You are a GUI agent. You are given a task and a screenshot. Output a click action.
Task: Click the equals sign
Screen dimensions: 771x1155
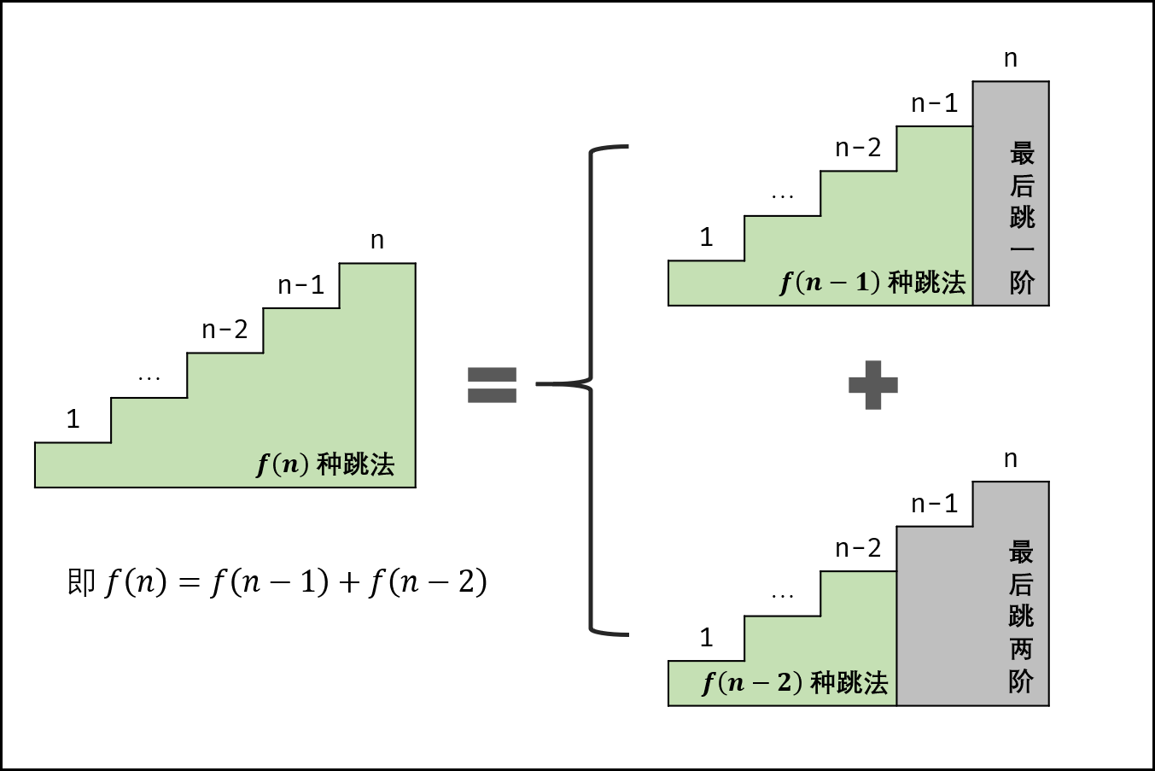492,384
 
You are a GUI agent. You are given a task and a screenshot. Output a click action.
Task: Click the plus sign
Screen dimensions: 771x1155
872,385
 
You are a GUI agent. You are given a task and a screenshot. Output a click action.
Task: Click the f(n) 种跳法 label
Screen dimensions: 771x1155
325,464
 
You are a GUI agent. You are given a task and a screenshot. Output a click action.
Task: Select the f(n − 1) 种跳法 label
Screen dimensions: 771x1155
872,282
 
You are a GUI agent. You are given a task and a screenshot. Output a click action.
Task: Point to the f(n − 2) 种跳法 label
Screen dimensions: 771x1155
794,682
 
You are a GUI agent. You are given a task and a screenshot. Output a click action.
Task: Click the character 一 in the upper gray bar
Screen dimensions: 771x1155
1022,250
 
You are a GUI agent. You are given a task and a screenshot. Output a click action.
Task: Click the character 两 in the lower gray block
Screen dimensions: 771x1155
1021,649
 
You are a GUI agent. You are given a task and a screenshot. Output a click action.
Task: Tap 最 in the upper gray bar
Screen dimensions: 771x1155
1022,154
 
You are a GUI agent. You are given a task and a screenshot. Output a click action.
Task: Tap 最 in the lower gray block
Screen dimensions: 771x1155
1021,552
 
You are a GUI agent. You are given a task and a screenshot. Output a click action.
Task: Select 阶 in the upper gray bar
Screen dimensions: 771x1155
1022,283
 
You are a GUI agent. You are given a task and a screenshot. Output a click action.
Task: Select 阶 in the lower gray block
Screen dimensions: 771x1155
1021,681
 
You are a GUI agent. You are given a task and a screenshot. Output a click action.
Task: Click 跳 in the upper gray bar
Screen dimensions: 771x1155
1022,218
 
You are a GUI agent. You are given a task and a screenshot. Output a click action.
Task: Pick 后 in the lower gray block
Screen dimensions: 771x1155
1021,585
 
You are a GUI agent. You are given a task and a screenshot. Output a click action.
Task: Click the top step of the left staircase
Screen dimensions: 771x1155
376,287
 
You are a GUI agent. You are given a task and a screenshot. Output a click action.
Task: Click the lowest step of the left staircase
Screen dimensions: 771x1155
73,464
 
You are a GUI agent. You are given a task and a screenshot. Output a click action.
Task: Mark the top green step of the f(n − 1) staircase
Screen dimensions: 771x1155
935,149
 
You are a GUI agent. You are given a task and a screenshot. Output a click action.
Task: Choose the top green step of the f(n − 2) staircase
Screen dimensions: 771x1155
859,594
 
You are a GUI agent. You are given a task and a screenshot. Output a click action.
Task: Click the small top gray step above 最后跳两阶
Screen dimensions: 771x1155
1011,505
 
